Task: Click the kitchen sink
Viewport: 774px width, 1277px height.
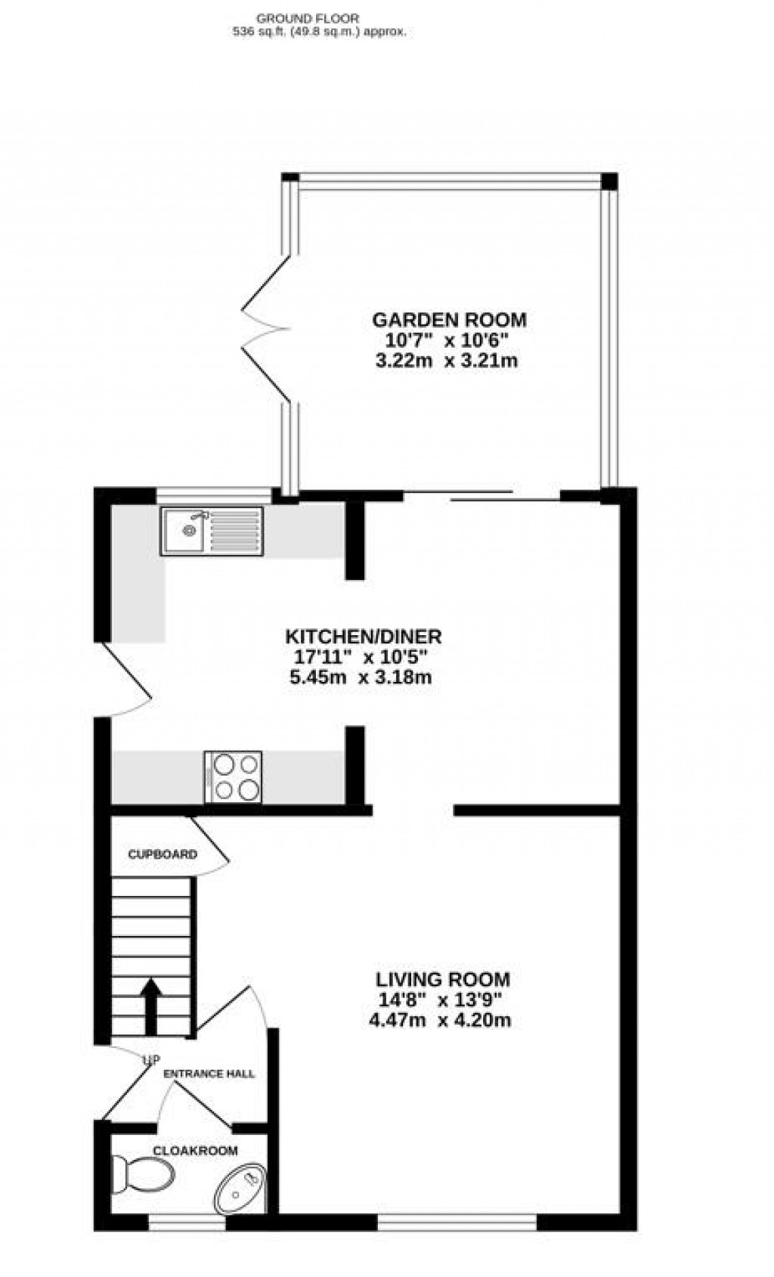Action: tap(211, 531)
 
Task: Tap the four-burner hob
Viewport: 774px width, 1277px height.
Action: tap(233, 776)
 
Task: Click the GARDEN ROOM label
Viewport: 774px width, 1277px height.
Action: tap(449, 320)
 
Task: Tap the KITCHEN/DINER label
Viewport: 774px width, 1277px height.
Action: tap(363, 636)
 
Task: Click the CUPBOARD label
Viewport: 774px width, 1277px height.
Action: tap(163, 855)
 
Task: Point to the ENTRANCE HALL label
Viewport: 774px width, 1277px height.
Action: tap(209, 1074)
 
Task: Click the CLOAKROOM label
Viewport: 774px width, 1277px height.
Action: tap(195, 1151)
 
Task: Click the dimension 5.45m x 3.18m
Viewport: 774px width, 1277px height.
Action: tap(361, 677)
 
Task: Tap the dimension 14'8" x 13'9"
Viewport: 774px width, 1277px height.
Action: tap(441, 1000)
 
